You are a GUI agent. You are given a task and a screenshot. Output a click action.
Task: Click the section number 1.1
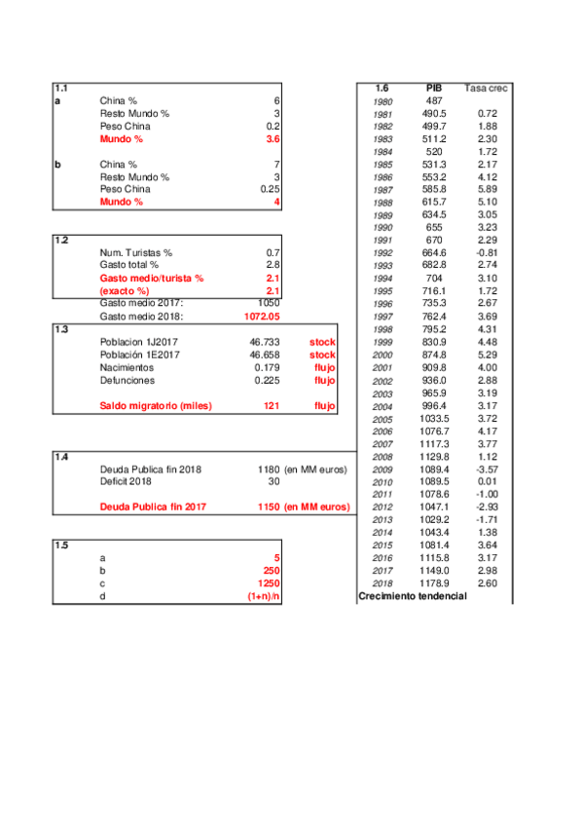click(61, 89)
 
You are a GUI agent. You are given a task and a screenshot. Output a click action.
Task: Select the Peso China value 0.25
click(270, 189)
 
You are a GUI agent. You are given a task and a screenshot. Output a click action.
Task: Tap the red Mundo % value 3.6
click(273, 139)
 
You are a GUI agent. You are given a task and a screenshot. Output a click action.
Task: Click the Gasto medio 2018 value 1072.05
click(262, 317)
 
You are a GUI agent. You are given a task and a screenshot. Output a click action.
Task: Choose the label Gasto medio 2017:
click(142, 303)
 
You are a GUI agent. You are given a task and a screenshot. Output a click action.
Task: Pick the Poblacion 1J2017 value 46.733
click(265, 343)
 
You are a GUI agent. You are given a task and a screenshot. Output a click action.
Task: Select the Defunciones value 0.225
click(267, 381)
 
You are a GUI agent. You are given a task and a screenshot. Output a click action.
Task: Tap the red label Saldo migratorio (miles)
click(156, 405)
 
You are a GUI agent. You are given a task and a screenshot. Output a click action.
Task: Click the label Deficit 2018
click(127, 481)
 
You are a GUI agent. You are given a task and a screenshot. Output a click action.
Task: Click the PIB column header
click(434, 89)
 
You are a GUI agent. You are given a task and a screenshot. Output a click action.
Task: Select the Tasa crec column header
click(486, 89)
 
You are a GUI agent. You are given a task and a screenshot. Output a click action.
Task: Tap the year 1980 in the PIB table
click(383, 102)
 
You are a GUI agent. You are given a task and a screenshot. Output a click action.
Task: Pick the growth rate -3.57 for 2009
click(487, 469)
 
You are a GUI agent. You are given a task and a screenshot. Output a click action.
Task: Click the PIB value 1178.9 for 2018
click(434, 583)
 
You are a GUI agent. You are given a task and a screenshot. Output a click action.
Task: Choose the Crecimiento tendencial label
click(413, 596)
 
